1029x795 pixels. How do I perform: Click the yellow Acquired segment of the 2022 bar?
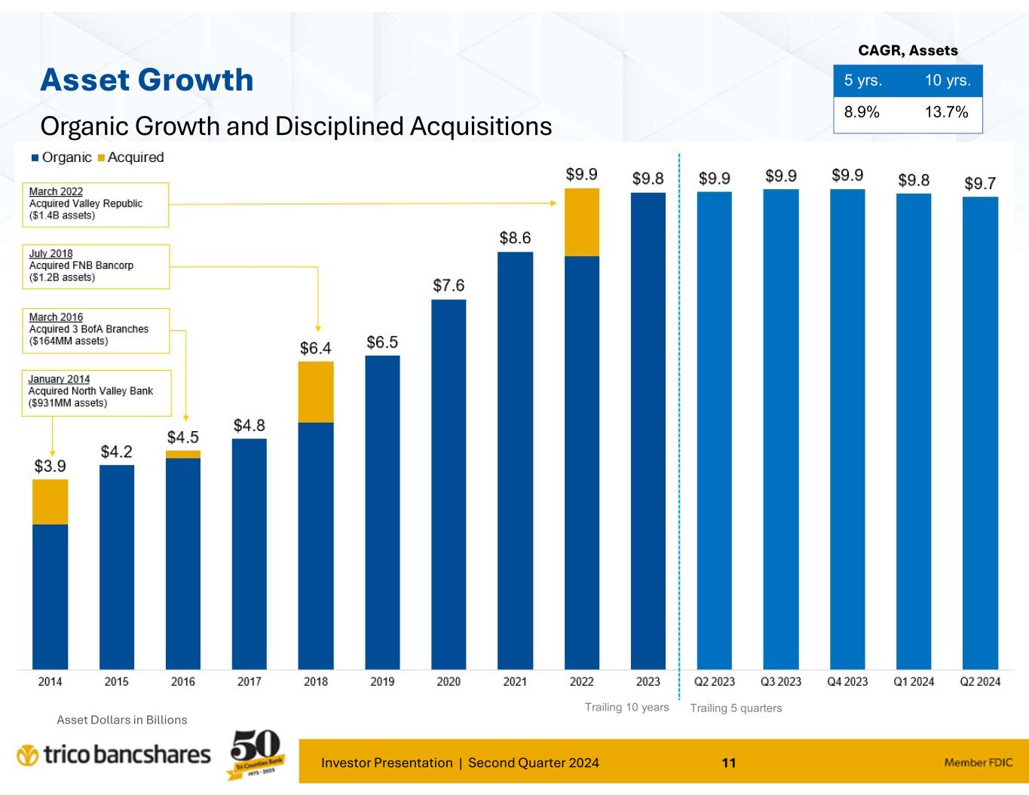[x=581, y=222]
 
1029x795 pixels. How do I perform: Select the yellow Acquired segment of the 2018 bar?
[x=316, y=392]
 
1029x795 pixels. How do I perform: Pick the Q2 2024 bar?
[x=980, y=433]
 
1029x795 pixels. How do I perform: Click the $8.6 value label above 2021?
[x=515, y=238]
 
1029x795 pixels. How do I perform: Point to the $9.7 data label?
[x=980, y=184]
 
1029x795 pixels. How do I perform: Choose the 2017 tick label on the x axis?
[x=250, y=681]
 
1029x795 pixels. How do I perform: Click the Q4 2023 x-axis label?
[x=847, y=681]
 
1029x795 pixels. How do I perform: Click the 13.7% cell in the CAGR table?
[x=946, y=112]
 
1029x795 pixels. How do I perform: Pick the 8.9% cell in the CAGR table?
[x=862, y=112]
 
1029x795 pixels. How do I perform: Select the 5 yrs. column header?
[x=863, y=81]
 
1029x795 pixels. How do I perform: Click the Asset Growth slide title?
[x=147, y=80]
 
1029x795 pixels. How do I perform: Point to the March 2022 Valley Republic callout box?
[x=98, y=204]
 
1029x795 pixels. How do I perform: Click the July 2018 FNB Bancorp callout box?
[x=99, y=266]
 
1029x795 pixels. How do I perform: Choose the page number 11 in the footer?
[x=728, y=763]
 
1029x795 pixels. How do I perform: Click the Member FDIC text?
[x=978, y=763]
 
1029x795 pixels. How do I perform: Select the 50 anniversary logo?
[x=255, y=753]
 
